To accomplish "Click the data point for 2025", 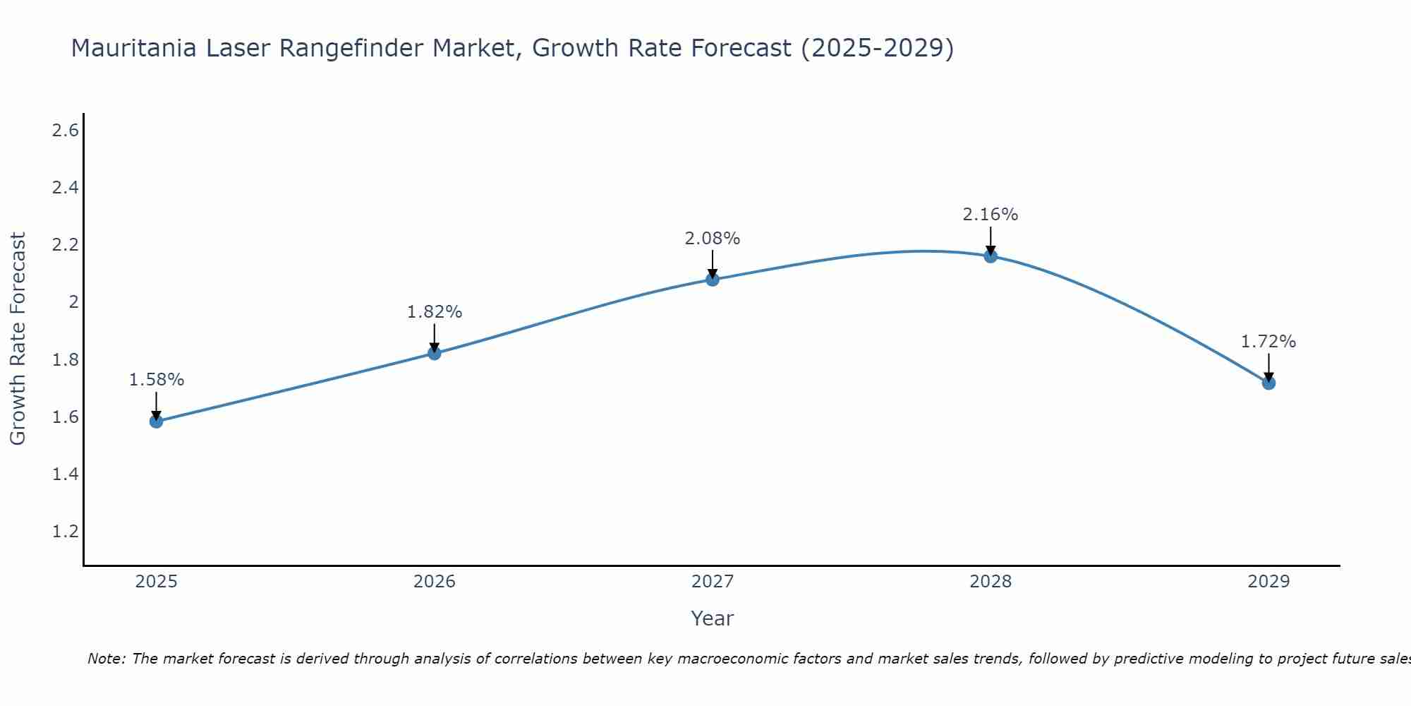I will pos(157,421).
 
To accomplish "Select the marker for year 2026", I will pos(435,353).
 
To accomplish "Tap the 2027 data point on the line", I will pos(713,280).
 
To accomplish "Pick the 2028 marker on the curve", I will pos(991,256).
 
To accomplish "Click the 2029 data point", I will pos(1268,383).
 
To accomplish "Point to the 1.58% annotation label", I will pos(157,380).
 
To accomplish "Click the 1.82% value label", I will pos(435,312).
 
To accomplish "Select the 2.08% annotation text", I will pos(713,239).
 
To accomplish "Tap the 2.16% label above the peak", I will pos(991,215).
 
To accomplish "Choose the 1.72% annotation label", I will pos(1268,342).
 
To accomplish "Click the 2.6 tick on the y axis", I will pos(66,131).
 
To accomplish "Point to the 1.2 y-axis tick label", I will pos(66,531).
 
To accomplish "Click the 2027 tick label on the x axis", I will pos(713,582).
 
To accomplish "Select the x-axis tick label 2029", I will pos(1268,582).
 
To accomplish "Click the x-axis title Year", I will pos(713,618).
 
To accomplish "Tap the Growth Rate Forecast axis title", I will pos(18,339).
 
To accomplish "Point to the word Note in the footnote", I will pos(106,659).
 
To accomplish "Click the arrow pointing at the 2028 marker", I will pos(991,240).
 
